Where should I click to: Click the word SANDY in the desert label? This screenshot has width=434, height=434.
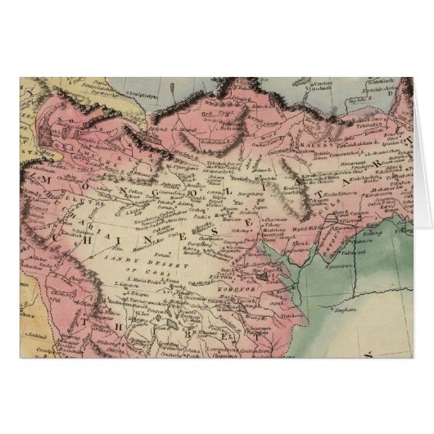pos(121,260)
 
